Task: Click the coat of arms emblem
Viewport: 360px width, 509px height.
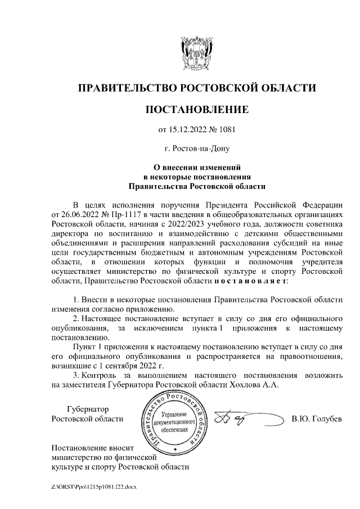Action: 196,54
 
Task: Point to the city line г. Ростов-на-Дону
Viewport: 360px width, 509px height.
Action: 196,149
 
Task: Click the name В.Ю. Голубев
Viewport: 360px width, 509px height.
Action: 317,420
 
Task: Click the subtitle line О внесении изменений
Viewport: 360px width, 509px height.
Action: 196,167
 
